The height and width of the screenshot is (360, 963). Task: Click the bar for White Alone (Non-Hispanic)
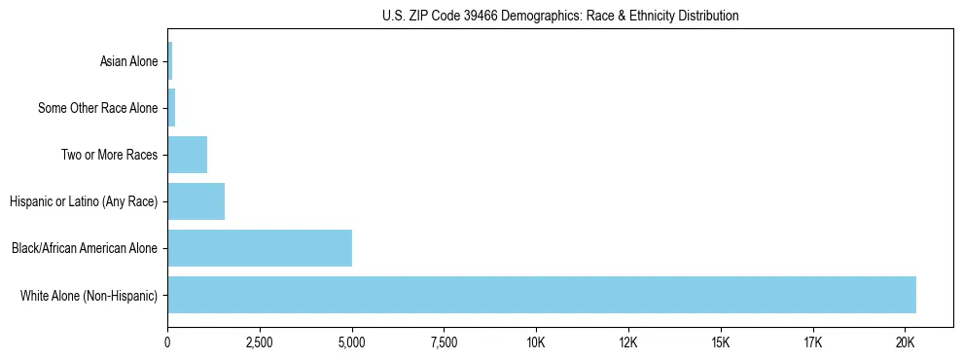pyautogui.click(x=541, y=295)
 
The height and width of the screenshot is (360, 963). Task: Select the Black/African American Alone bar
pyautogui.click(x=260, y=248)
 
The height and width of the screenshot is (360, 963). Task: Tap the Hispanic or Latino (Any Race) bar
pyautogui.click(x=196, y=201)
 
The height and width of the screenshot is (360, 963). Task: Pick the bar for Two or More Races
pyautogui.click(x=187, y=155)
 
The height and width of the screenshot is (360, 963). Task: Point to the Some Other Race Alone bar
pyautogui.click(x=171, y=108)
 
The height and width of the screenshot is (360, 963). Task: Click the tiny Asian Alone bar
pyautogui.click(x=170, y=61)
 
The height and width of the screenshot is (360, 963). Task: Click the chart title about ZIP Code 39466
pyautogui.click(x=560, y=16)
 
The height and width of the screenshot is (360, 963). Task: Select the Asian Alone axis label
pyautogui.click(x=128, y=61)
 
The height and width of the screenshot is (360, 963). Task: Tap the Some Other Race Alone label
pyautogui.click(x=97, y=108)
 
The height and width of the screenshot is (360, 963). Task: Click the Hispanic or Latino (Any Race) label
pyautogui.click(x=84, y=201)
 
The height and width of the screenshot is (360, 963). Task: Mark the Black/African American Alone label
pyautogui.click(x=85, y=248)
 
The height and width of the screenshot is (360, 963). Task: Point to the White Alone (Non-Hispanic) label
pyautogui.click(x=89, y=295)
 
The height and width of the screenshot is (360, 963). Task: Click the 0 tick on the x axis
pyautogui.click(x=167, y=342)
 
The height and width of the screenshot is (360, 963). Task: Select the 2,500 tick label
pyautogui.click(x=260, y=342)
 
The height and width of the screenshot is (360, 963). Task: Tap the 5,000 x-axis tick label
pyautogui.click(x=352, y=342)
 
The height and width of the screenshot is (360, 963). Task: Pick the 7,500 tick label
pyautogui.click(x=444, y=342)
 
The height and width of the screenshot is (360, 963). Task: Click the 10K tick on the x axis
pyautogui.click(x=536, y=342)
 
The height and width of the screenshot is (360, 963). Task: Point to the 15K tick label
pyautogui.click(x=721, y=342)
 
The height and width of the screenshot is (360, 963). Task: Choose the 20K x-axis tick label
pyautogui.click(x=905, y=342)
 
